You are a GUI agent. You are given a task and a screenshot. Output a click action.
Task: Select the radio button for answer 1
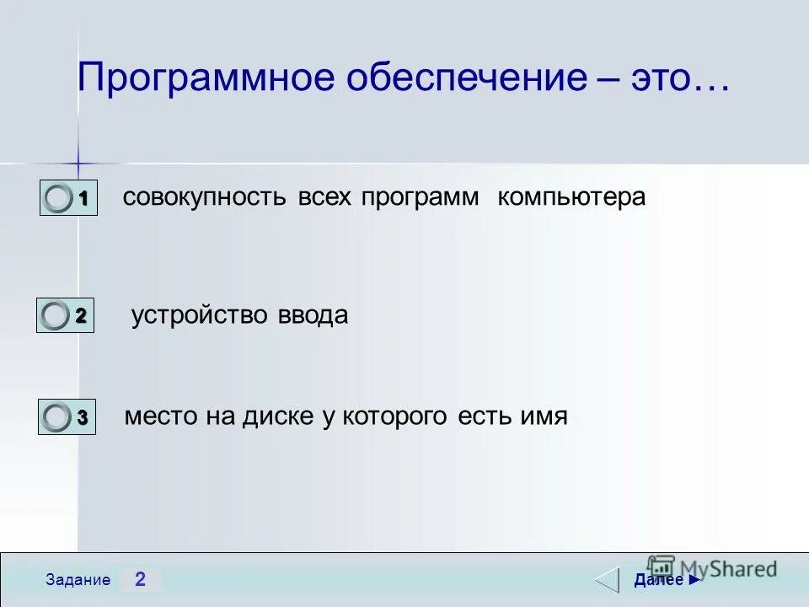[59, 199]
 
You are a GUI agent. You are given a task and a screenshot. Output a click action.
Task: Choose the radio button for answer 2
[56, 316]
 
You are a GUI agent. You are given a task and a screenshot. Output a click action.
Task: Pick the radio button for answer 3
[57, 416]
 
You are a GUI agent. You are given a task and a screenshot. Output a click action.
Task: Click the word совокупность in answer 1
[206, 198]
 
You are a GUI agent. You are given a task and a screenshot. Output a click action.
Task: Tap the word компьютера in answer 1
[571, 198]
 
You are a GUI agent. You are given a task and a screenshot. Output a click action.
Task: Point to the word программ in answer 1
[421, 198]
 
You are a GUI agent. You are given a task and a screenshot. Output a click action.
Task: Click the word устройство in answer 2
[200, 316]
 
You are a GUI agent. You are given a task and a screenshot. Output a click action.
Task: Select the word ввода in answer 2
[313, 316]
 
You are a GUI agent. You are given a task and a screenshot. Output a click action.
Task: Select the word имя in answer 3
[543, 416]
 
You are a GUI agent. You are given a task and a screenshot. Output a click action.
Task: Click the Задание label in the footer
[78, 580]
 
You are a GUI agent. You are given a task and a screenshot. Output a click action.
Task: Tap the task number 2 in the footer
[140, 579]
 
